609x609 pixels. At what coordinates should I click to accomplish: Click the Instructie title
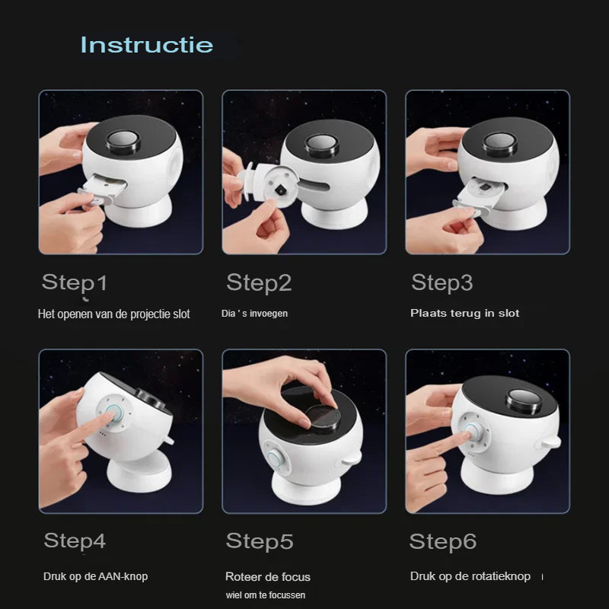[x=147, y=45]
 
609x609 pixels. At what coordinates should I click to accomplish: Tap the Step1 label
[x=74, y=282]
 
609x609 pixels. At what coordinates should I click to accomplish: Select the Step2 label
[x=259, y=282]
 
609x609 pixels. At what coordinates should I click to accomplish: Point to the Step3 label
[x=442, y=282]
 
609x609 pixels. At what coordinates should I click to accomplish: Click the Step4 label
[x=75, y=540]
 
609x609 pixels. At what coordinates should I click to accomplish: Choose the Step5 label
[x=260, y=541]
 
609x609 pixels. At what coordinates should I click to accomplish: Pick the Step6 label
[x=443, y=541]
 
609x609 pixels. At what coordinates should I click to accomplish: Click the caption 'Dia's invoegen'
[x=254, y=314]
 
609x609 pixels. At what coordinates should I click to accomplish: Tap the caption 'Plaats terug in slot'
[x=464, y=313]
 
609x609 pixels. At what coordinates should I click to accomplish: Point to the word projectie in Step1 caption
[x=149, y=314]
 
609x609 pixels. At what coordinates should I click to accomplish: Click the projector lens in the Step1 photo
[x=123, y=141]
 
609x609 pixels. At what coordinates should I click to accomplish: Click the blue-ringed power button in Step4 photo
[x=115, y=413]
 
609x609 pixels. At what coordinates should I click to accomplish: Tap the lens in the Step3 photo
[x=500, y=144]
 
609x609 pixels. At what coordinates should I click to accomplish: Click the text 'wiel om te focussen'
[x=266, y=595]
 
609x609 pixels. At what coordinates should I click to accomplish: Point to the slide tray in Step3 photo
[x=480, y=197]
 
